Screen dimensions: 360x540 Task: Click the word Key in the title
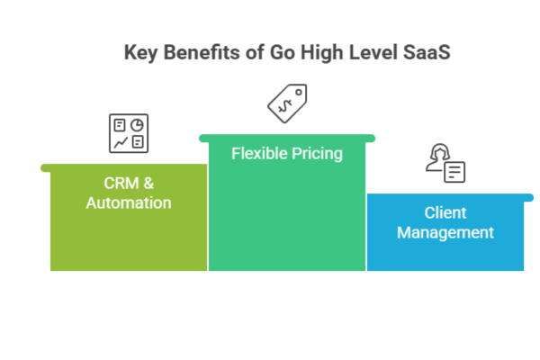139,52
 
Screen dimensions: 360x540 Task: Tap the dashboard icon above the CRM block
128,133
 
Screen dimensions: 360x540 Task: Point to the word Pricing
316,154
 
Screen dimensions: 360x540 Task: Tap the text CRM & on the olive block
128,183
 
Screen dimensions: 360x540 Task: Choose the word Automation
128,203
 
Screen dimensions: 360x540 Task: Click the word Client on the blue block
445,213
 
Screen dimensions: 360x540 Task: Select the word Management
445,233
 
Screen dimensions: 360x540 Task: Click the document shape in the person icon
455,170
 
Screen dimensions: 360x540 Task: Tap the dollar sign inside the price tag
285,104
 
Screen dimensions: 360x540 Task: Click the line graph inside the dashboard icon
119,142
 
